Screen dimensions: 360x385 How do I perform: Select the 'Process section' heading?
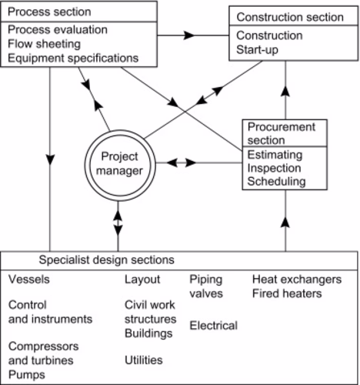pos(49,12)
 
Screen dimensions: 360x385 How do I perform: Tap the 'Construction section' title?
pos(290,17)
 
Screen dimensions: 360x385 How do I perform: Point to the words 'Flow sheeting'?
pos(45,44)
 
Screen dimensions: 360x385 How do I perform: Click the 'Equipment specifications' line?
pos(73,59)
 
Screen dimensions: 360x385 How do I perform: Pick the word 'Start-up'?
pos(257,50)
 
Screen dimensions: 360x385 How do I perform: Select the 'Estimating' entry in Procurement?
pos(275,155)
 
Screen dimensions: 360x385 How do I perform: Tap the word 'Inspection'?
pos(274,168)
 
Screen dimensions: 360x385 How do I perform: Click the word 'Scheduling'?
pos(276,182)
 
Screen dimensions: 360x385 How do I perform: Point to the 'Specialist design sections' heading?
pos(107,259)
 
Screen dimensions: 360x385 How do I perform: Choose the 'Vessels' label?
pos(29,280)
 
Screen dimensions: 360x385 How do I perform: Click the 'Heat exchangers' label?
pos(297,280)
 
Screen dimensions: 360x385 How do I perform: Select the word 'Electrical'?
pos(214,326)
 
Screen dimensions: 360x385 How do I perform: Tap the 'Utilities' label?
pos(144,360)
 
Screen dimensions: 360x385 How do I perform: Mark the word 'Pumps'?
pos(27,375)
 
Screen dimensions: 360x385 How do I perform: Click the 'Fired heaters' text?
pos(287,293)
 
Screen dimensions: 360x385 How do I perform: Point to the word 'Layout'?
pos(142,280)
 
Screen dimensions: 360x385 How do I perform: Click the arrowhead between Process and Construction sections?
pos(189,35)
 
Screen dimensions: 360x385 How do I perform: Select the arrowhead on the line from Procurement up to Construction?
pos(285,92)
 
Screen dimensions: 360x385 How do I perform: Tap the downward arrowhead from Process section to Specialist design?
pos(50,159)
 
